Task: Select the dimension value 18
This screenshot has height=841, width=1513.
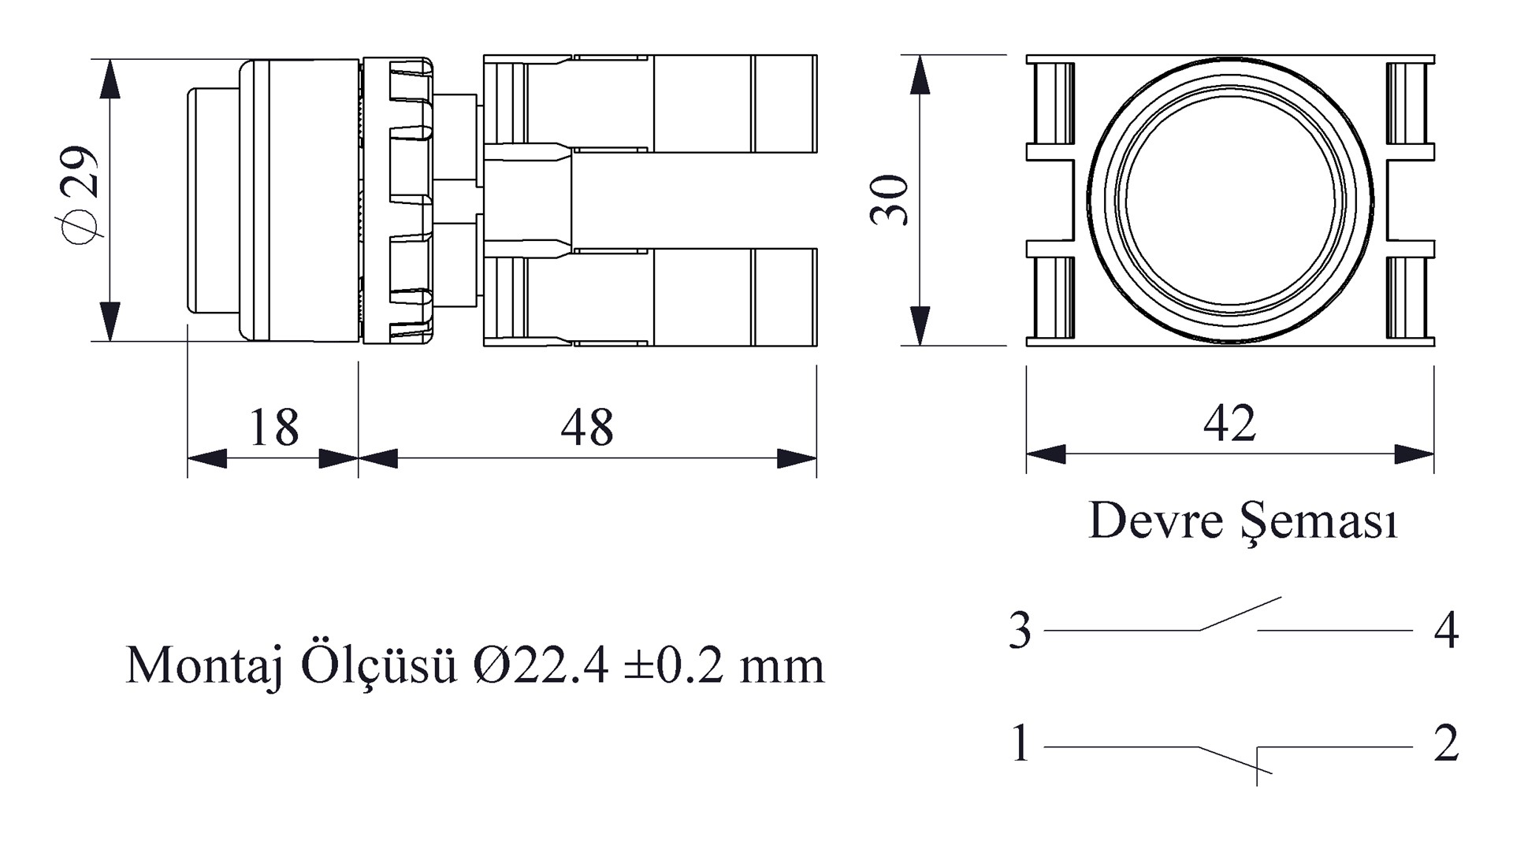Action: pyautogui.click(x=274, y=428)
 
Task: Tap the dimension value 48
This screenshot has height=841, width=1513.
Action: pyautogui.click(x=587, y=428)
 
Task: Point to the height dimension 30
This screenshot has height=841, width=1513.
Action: pyautogui.click(x=890, y=200)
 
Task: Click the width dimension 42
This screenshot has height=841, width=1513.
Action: pyautogui.click(x=1229, y=423)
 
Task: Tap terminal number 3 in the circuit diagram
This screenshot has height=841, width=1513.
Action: pyautogui.click(x=1020, y=630)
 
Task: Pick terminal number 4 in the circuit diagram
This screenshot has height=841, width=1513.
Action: pyautogui.click(x=1446, y=630)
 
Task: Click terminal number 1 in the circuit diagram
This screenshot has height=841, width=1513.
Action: pyautogui.click(x=1020, y=743)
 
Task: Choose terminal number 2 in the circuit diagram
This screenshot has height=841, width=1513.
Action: pyautogui.click(x=1446, y=743)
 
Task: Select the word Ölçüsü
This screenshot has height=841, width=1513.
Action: pyautogui.click(x=379, y=665)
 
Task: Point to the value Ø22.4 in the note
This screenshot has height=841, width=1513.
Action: pyautogui.click(x=541, y=665)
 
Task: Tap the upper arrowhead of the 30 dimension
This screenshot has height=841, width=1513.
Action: pyautogui.click(x=920, y=75)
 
